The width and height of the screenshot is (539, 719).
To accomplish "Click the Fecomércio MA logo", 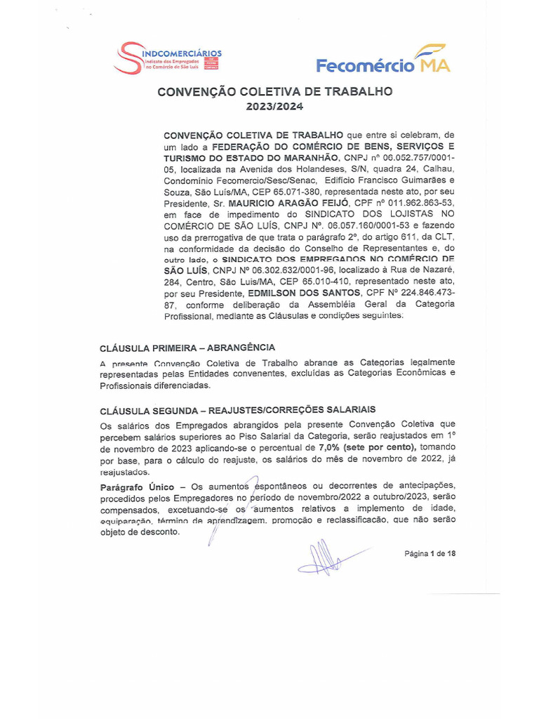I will (x=382, y=60).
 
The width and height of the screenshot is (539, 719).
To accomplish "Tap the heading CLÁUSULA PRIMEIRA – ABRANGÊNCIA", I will (x=187, y=348).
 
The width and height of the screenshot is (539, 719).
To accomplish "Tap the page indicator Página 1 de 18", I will (x=430, y=554).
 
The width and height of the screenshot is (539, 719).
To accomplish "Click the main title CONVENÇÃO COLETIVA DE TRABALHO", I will (x=274, y=91).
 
